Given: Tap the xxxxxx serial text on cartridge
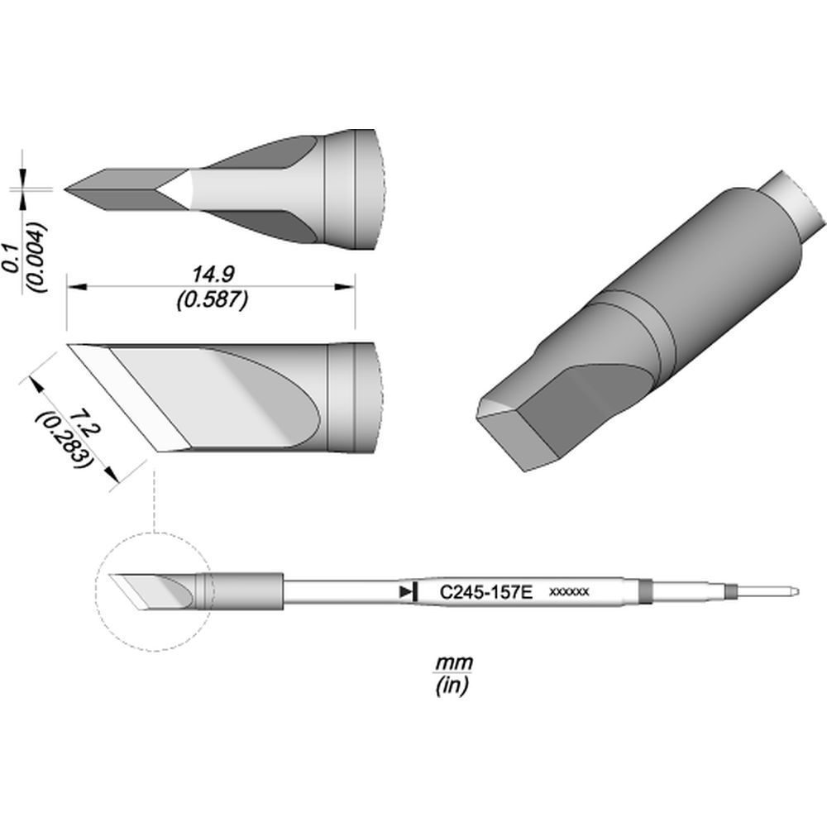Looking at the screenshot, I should (569, 592).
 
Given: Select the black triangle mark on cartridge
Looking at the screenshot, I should (404, 592).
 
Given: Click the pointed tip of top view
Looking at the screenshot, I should (68, 189).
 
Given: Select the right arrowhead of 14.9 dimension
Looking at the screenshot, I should (348, 288).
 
